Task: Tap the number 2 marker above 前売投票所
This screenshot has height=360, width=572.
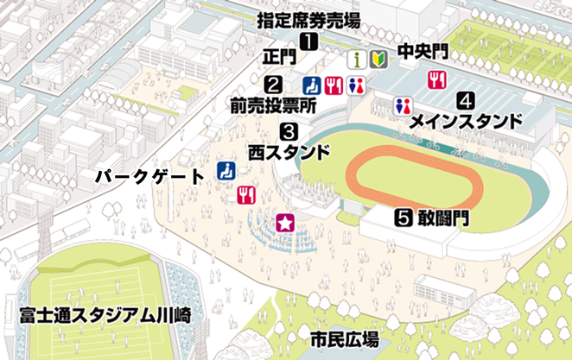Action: (273, 85)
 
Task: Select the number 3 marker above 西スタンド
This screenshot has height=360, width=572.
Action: (289, 132)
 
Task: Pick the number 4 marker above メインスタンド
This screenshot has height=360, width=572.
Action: (465, 99)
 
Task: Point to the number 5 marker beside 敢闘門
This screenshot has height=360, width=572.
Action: (402, 217)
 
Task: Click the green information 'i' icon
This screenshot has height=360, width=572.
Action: (354, 60)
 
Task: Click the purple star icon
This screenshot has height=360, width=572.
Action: (284, 223)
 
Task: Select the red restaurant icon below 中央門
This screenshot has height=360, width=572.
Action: (436, 80)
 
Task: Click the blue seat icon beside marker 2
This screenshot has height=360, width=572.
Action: (312, 85)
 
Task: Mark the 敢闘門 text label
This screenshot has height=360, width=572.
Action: (443, 218)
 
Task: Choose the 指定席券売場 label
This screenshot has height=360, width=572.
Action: (308, 20)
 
